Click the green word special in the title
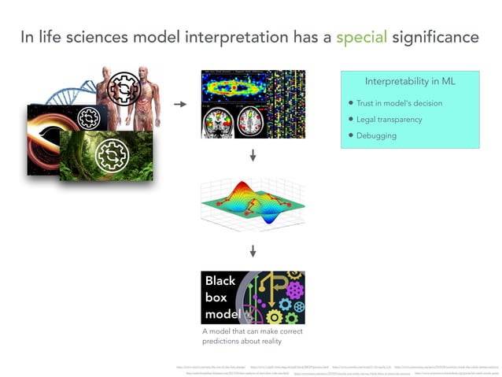[361, 37]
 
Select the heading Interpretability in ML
[410, 82]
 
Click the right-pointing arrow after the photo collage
[179, 103]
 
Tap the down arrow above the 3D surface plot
[253, 156]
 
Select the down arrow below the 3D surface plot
[253, 251]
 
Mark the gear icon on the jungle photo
[111, 155]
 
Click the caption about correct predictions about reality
[253, 336]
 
